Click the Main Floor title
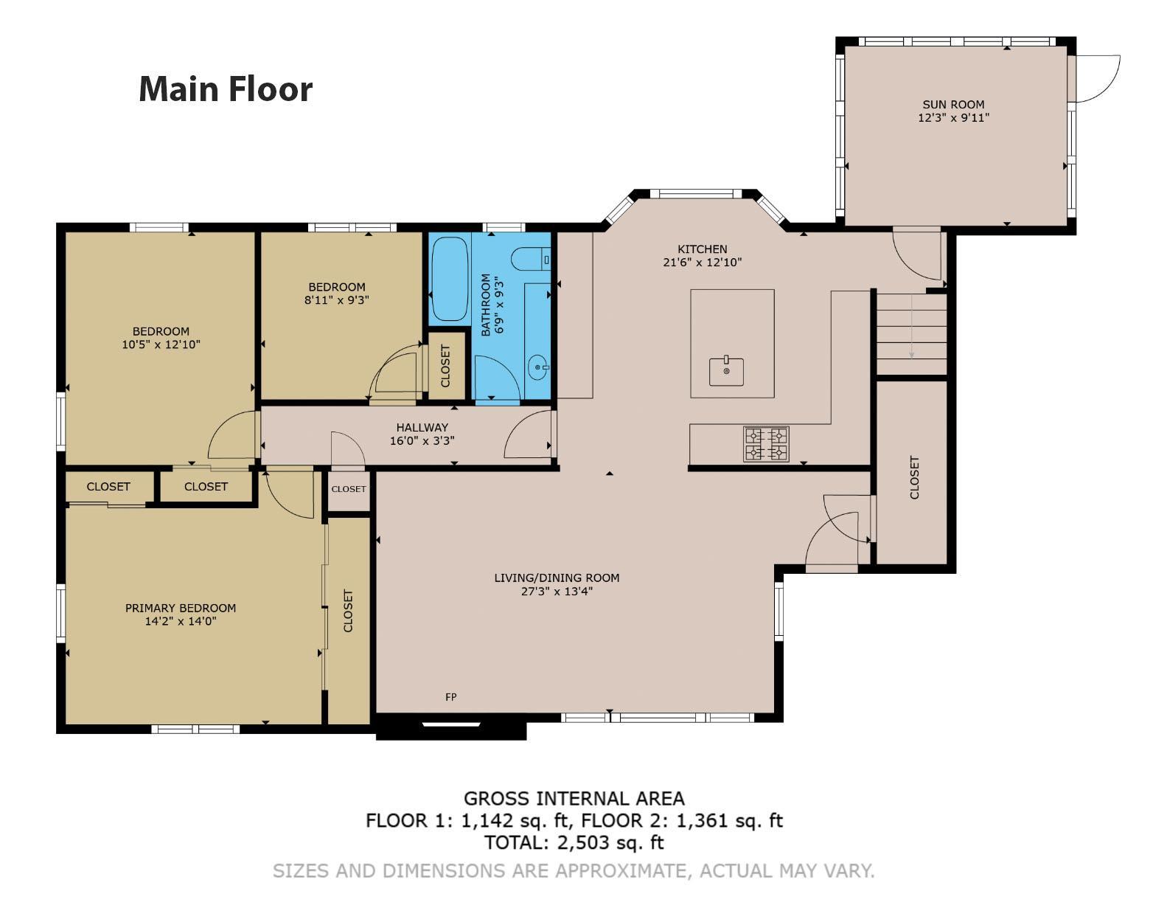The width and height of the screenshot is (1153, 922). point(226,89)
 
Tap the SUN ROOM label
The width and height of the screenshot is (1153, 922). point(953,105)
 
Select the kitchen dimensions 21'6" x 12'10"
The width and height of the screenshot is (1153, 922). point(702,262)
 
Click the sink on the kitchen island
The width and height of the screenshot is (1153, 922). point(726,371)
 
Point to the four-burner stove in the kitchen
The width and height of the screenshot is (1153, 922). point(766,444)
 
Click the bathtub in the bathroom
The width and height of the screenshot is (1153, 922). point(449,279)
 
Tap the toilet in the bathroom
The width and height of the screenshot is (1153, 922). point(530,260)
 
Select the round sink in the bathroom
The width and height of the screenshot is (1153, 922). point(538,368)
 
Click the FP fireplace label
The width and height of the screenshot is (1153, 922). point(450,697)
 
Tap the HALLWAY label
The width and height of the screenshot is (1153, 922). point(422,427)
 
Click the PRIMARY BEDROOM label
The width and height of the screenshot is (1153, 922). point(181,608)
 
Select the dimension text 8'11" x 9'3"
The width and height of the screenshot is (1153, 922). point(336,300)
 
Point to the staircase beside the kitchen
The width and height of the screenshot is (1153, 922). point(911,333)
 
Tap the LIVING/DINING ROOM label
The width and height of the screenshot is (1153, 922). point(557,578)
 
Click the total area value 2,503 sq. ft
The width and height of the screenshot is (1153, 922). point(611,842)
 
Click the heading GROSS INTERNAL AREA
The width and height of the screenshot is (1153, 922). point(574,798)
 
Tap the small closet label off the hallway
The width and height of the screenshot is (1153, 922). point(348,489)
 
